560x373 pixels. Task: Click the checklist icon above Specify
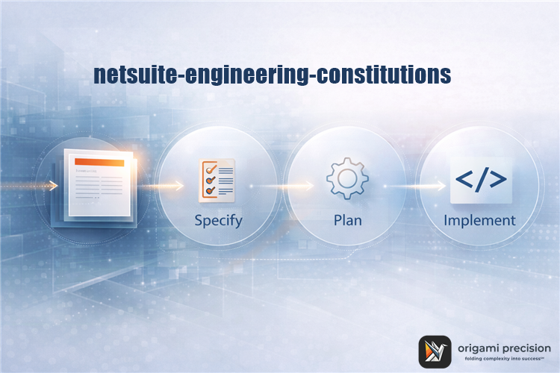click(x=217, y=180)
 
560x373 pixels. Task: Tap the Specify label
click(x=218, y=221)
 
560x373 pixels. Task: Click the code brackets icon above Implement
click(x=480, y=180)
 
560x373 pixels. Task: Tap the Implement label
click(x=479, y=221)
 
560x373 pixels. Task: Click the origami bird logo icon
click(x=435, y=350)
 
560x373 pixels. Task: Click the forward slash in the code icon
click(x=481, y=180)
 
